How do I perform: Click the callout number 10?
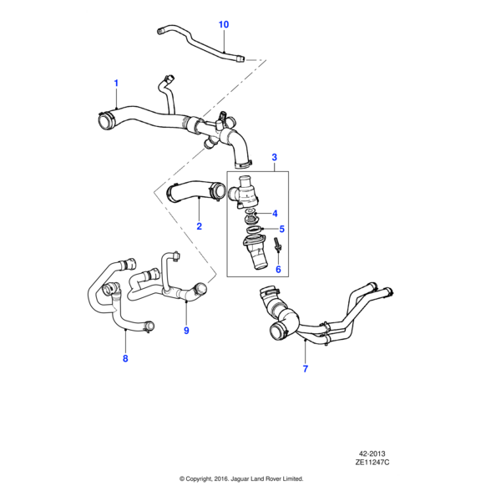click(x=223, y=24)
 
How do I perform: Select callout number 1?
click(x=116, y=83)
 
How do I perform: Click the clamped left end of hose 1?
click(x=104, y=119)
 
